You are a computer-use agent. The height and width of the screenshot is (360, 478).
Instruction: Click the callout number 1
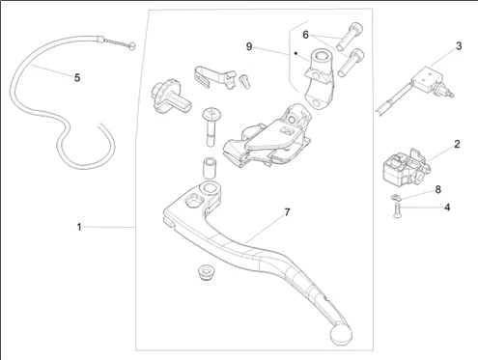point(79,227)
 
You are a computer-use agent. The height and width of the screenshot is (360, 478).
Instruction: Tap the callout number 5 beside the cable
point(77,77)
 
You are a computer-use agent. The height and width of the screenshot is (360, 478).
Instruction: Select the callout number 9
point(249,46)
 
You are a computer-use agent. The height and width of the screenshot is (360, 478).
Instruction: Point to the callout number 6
point(305,35)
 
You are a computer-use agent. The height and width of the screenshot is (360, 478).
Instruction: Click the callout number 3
point(459,46)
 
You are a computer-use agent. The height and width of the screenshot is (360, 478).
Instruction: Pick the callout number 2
point(457,144)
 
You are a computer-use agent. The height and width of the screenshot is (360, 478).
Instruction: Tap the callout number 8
point(437,189)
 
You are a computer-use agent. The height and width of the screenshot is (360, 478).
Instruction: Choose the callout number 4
point(447,208)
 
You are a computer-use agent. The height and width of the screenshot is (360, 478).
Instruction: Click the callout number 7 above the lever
point(287,212)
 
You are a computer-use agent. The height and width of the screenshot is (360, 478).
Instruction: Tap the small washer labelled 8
point(395,197)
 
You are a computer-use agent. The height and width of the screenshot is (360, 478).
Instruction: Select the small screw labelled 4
point(397,210)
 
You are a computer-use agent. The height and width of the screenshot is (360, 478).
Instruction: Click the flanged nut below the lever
point(206,272)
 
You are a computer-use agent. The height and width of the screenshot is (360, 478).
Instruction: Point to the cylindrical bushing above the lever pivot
point(210,167)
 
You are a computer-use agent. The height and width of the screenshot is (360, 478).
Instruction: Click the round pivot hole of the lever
point(210,187)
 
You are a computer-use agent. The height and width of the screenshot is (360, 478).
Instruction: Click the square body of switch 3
point(426,79)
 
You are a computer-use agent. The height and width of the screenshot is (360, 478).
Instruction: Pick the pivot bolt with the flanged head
point(211,126)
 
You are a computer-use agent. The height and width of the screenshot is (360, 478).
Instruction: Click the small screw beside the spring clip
point(244,81)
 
